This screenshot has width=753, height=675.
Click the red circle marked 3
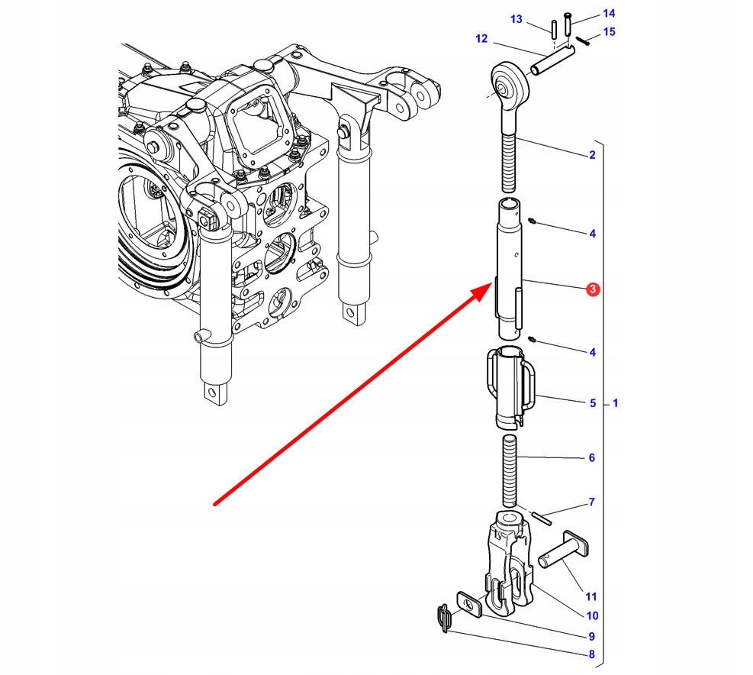[x=593, y=289]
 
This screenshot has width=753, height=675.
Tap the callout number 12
[x=481, y=38]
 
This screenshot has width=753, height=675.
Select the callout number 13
[x=516, y=19]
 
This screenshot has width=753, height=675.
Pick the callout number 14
[x=608, y=13]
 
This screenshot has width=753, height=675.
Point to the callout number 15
[x=608, y=31]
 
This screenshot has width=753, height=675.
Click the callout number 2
[x=592, y=156]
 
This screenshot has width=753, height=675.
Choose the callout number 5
[x=592, y=402]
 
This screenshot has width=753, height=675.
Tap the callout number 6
[x=592, y=458]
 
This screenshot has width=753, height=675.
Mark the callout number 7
[x=592, y=502]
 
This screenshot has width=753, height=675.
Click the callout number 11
[x=592, y=596]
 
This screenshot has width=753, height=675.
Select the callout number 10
[x=592, y=616]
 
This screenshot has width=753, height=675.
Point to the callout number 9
[x=592, y=636]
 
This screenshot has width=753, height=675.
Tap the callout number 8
[x=592, y=654]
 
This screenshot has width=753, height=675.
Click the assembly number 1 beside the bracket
[x=616, y=402]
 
